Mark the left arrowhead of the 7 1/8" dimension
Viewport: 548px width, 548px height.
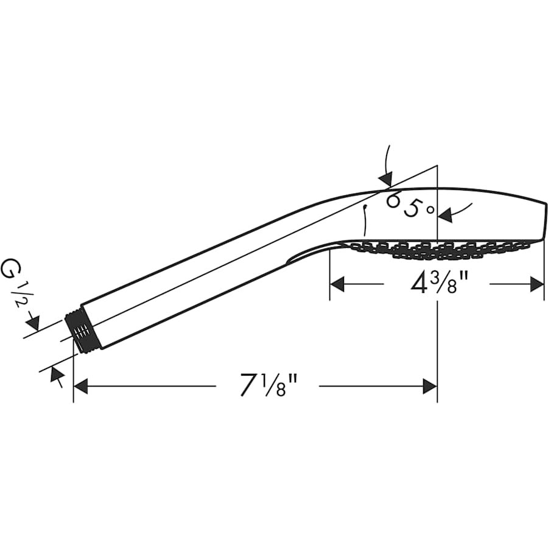[x=80, y=386]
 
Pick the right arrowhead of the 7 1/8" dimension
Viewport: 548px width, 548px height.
[x=430, y=386]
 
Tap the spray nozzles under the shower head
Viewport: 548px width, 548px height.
[x=438, y=249]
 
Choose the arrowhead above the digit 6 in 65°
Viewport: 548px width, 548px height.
[x=385, y=178]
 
